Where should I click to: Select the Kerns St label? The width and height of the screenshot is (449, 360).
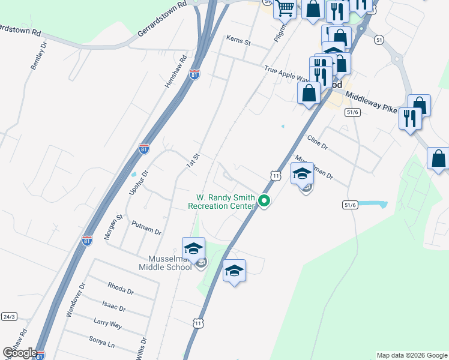tap(238, 41)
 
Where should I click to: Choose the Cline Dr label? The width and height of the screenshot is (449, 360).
tap(318, 142)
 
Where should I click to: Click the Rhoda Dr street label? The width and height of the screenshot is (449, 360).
tap(120, 288)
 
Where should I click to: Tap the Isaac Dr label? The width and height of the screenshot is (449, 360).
tap(114, 307)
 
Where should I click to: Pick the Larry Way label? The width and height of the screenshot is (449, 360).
tap(107, 325)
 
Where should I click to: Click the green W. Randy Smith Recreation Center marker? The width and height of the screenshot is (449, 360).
tap(264, 202)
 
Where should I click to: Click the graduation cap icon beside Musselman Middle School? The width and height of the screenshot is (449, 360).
tap(194, 248)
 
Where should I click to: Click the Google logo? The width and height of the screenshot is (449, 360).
tap(20, 353)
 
